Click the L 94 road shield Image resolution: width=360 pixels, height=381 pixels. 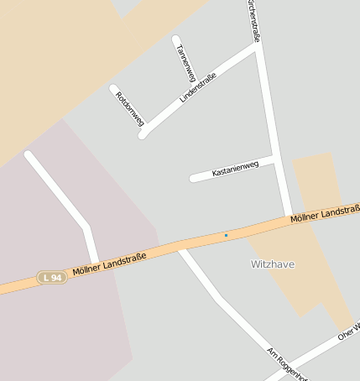pos(51,277)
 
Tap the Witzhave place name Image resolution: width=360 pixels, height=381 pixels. pos(273,264)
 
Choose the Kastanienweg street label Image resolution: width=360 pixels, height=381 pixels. pos(235,168)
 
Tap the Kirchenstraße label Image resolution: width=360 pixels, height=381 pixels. pos(253,21)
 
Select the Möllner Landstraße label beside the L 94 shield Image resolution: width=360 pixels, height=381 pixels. pos(103,264)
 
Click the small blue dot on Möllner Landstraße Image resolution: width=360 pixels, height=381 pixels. pos(226,235)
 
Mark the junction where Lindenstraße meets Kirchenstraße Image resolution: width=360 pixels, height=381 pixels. pos(257,46)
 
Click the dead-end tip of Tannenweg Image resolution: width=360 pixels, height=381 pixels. pos(175,39)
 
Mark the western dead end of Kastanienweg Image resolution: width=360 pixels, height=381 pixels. pos(194,178)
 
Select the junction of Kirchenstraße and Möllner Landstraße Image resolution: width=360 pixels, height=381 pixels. pos(287,220)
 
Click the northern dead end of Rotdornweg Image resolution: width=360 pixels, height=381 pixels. pos(113,86)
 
